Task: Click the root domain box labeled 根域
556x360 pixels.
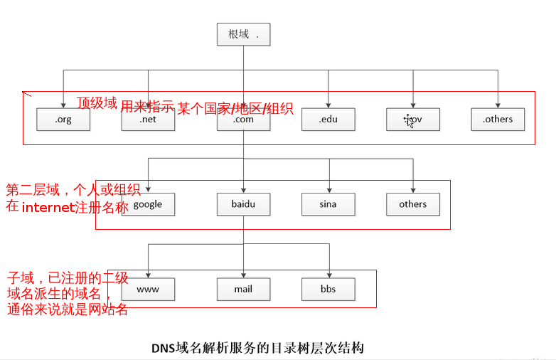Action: tap(243, 34)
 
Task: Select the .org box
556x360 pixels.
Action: tap(63, 120)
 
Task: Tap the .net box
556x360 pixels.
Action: tap(148, 120)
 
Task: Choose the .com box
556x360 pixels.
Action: tap(243, 120)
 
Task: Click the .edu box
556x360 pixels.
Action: tap(328, 120)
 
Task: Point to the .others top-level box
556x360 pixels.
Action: tap(498, 120)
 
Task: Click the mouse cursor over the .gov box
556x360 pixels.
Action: tap(409, 120)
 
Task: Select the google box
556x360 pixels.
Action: tap(148, 204)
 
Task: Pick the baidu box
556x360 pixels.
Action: tap(243, 204)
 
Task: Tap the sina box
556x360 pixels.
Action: tap(328, 204)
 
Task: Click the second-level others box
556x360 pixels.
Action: tap(413, 204)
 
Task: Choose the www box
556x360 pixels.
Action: tap(148, 290)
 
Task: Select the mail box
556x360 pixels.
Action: tap(243, 290)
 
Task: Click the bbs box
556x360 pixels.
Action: tap(328, 290)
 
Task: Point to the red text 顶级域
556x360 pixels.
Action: tap(97, 103)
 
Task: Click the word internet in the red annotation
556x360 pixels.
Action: tap(48, 208)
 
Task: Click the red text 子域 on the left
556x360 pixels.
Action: tap(19, 277)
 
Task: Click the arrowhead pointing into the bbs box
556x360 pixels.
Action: tap(328, 275)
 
